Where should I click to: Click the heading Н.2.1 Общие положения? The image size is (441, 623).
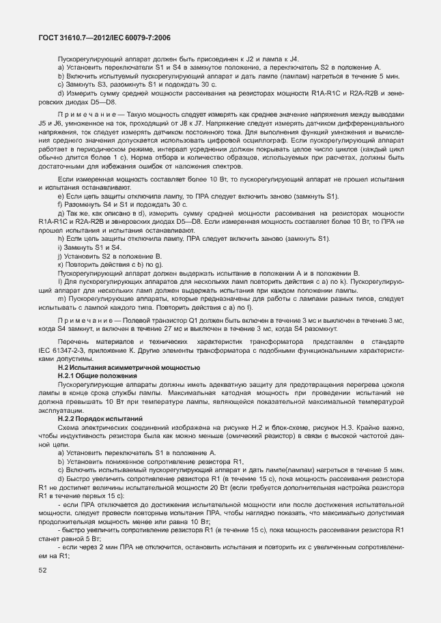pyautogui.click(x=98, y=375)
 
